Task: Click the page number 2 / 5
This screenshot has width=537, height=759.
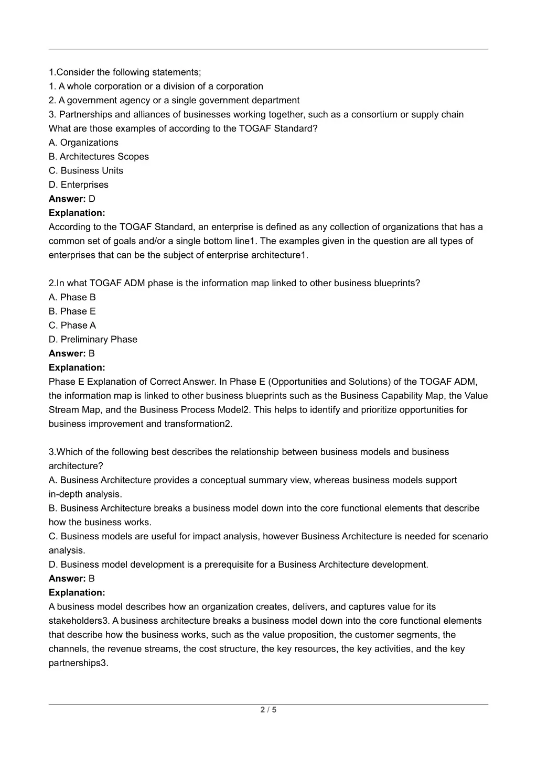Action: pos(268,710)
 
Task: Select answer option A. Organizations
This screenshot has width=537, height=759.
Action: pos(83,143)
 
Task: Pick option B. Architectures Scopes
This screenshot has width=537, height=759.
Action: pos(99,157)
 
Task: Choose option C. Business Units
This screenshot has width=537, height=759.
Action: pos(86,171)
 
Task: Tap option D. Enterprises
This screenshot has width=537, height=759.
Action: pos(79,185)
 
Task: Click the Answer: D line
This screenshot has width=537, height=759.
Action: pos(72,199)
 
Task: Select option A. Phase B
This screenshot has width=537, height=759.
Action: pos(72,298)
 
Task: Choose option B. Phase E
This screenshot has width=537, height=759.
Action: pos(72,312)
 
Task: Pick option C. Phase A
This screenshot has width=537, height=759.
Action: pos(72,326)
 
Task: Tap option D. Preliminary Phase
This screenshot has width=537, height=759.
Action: pos(93,340)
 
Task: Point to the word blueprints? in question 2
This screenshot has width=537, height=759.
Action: pos(397,284)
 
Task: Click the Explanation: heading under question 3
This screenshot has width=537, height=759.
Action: pos(77,593)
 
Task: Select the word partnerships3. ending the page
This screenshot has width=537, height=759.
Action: pos(79,663)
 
